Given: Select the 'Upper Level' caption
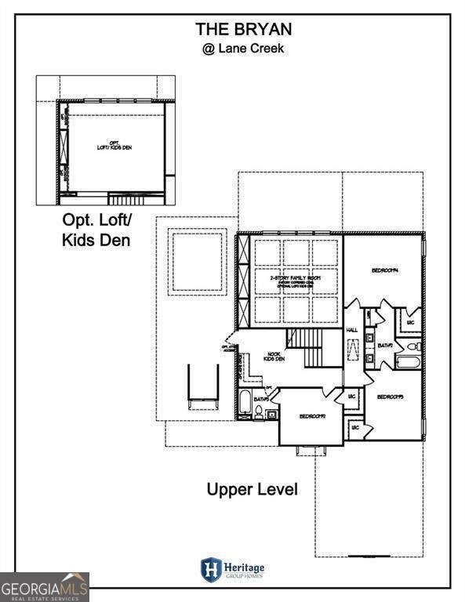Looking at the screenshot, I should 252,490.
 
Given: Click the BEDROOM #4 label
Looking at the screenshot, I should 385,270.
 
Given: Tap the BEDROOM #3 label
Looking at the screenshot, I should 390,397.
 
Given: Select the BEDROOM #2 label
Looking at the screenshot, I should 311,416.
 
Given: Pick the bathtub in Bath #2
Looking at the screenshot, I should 408,362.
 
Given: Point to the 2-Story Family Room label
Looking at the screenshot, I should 289,280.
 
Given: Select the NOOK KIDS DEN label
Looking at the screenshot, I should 273,357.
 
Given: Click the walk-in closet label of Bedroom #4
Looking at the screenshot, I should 409,322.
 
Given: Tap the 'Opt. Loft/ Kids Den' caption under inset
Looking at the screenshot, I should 96,230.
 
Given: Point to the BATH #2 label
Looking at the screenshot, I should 385,346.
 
